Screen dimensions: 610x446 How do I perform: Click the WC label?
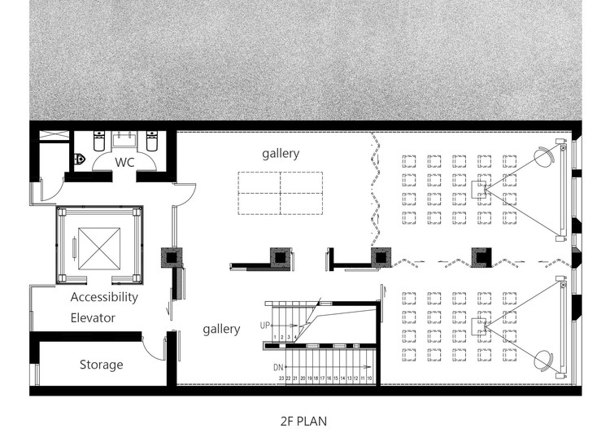pyautogui.click(x=124, y=162)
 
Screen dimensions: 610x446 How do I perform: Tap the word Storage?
pyautogui.click(x=101, y=364)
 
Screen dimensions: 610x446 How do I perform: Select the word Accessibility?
pyautogui.click(x=104, y=297)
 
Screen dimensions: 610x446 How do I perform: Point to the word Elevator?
pyautogui.click(x=93, y=317)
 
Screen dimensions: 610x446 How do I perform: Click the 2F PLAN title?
pyautogui.click(x=303, y=422)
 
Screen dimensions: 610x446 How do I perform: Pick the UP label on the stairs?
pyautogui.click(x=264, y=325)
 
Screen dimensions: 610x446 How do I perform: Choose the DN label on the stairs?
pyautogui.click(x=278, y=367)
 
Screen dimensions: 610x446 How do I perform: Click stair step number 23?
pyautogui.click(x=281, y=378)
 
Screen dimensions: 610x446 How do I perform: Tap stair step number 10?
pyautogui.click(x=371, y=378)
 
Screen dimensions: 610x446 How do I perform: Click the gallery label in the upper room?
pyautogui.click(x=281, y=153)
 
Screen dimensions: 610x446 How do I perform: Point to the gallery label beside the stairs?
pyautogui.click(x=221, y=329)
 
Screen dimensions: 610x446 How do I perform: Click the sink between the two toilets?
pyautogui.click(x=124, y=141)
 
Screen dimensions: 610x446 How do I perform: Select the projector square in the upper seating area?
pyautogui.click(x=480, y=190)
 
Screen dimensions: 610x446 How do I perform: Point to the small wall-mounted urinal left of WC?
pyautogui.click(x=80, y=160)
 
